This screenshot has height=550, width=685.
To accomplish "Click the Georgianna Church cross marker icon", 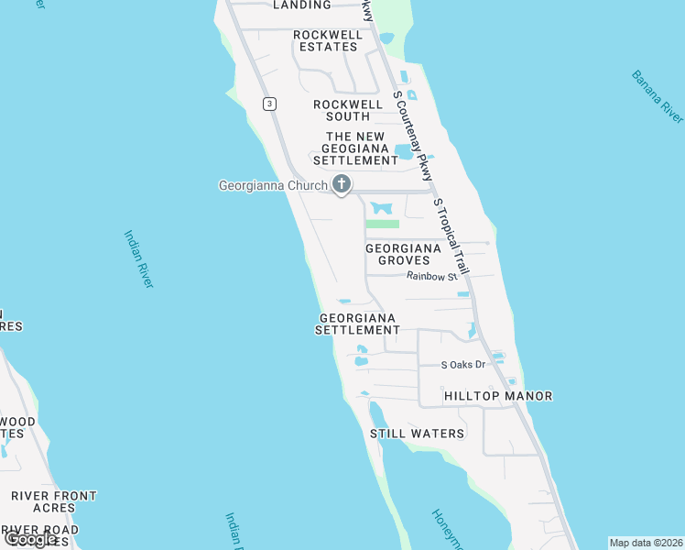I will pyautogui.click(x=342, y=185).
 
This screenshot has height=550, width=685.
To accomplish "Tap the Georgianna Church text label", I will pyautogui.click(x=273, y=185).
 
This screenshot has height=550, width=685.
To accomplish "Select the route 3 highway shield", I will pyautogui.click(x=268, y=104).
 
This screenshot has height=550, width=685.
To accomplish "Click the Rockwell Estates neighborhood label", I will pyautogui.click(x=327, y=40).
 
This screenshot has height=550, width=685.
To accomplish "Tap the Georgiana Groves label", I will pyautogui.click(x=404, y=254).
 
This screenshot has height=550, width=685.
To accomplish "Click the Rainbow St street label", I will pyautogui.click(x=431, y=275).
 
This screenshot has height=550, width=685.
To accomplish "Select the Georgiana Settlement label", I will pyautogui.click(x=358, y=324).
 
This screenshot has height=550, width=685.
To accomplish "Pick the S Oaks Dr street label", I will pyautogui.click(x=462, y=364).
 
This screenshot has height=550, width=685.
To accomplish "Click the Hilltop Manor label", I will pyautogui.click(x=498, y=396).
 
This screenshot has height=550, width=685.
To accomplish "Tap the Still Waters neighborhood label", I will pyautogui.click(x=417, y=433).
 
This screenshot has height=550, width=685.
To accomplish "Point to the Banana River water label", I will pyautogui.click(x=658, y=95).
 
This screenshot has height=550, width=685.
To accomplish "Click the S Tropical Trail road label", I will pyautogui.click(x=451, y=236).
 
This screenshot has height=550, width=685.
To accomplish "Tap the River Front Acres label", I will pyautogui.click(x=54, y=501).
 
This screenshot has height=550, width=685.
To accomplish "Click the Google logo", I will pyautogui.click(x=30, y=538).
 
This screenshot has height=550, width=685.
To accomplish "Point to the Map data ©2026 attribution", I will pyautogui.click(x=646, y=543).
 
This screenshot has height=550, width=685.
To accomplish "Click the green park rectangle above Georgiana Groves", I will pyautogui.click(x=383, y=224).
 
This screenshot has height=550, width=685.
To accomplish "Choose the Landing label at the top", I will pyautogui.click(x=302, y=5).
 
